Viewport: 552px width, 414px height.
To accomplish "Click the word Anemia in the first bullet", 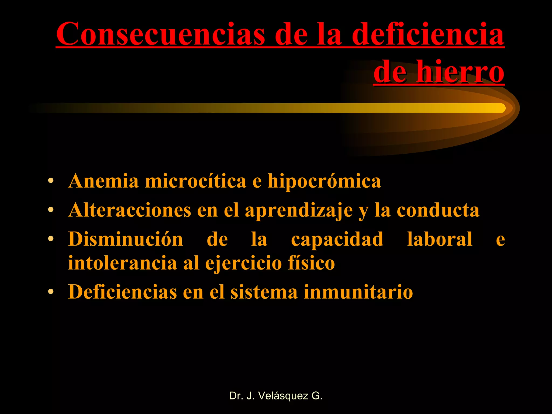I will tap(103, 181).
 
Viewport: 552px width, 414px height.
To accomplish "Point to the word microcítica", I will tap(196, 181).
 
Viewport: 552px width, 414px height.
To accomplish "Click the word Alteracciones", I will tap(130, 210).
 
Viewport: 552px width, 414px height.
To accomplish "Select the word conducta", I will tap(438, 210).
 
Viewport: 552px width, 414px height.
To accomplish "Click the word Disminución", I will tap(126, 239).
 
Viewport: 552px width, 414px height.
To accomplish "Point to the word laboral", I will tap(440, 239).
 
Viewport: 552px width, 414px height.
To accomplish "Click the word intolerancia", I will tap(122, 263).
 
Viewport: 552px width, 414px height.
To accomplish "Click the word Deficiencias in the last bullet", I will tap(122, 292).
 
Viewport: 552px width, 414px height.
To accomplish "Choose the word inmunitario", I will tap(358, 292).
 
